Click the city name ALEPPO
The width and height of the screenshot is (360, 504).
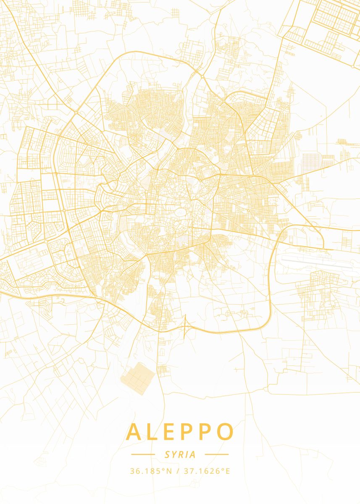[180, 432]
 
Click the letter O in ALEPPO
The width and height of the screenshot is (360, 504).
[225, 432]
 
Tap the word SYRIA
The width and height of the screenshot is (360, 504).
[180, 454]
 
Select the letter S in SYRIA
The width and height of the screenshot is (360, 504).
[167, 454]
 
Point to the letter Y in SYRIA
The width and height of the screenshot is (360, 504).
[174, 454]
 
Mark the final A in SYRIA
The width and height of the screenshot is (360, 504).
[192, 454]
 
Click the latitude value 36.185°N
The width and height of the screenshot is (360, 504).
[151, 471]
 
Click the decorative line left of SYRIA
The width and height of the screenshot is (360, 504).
[143, 454]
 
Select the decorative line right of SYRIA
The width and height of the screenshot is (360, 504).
[217, 454]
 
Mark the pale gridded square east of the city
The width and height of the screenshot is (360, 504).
[311, 162]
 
